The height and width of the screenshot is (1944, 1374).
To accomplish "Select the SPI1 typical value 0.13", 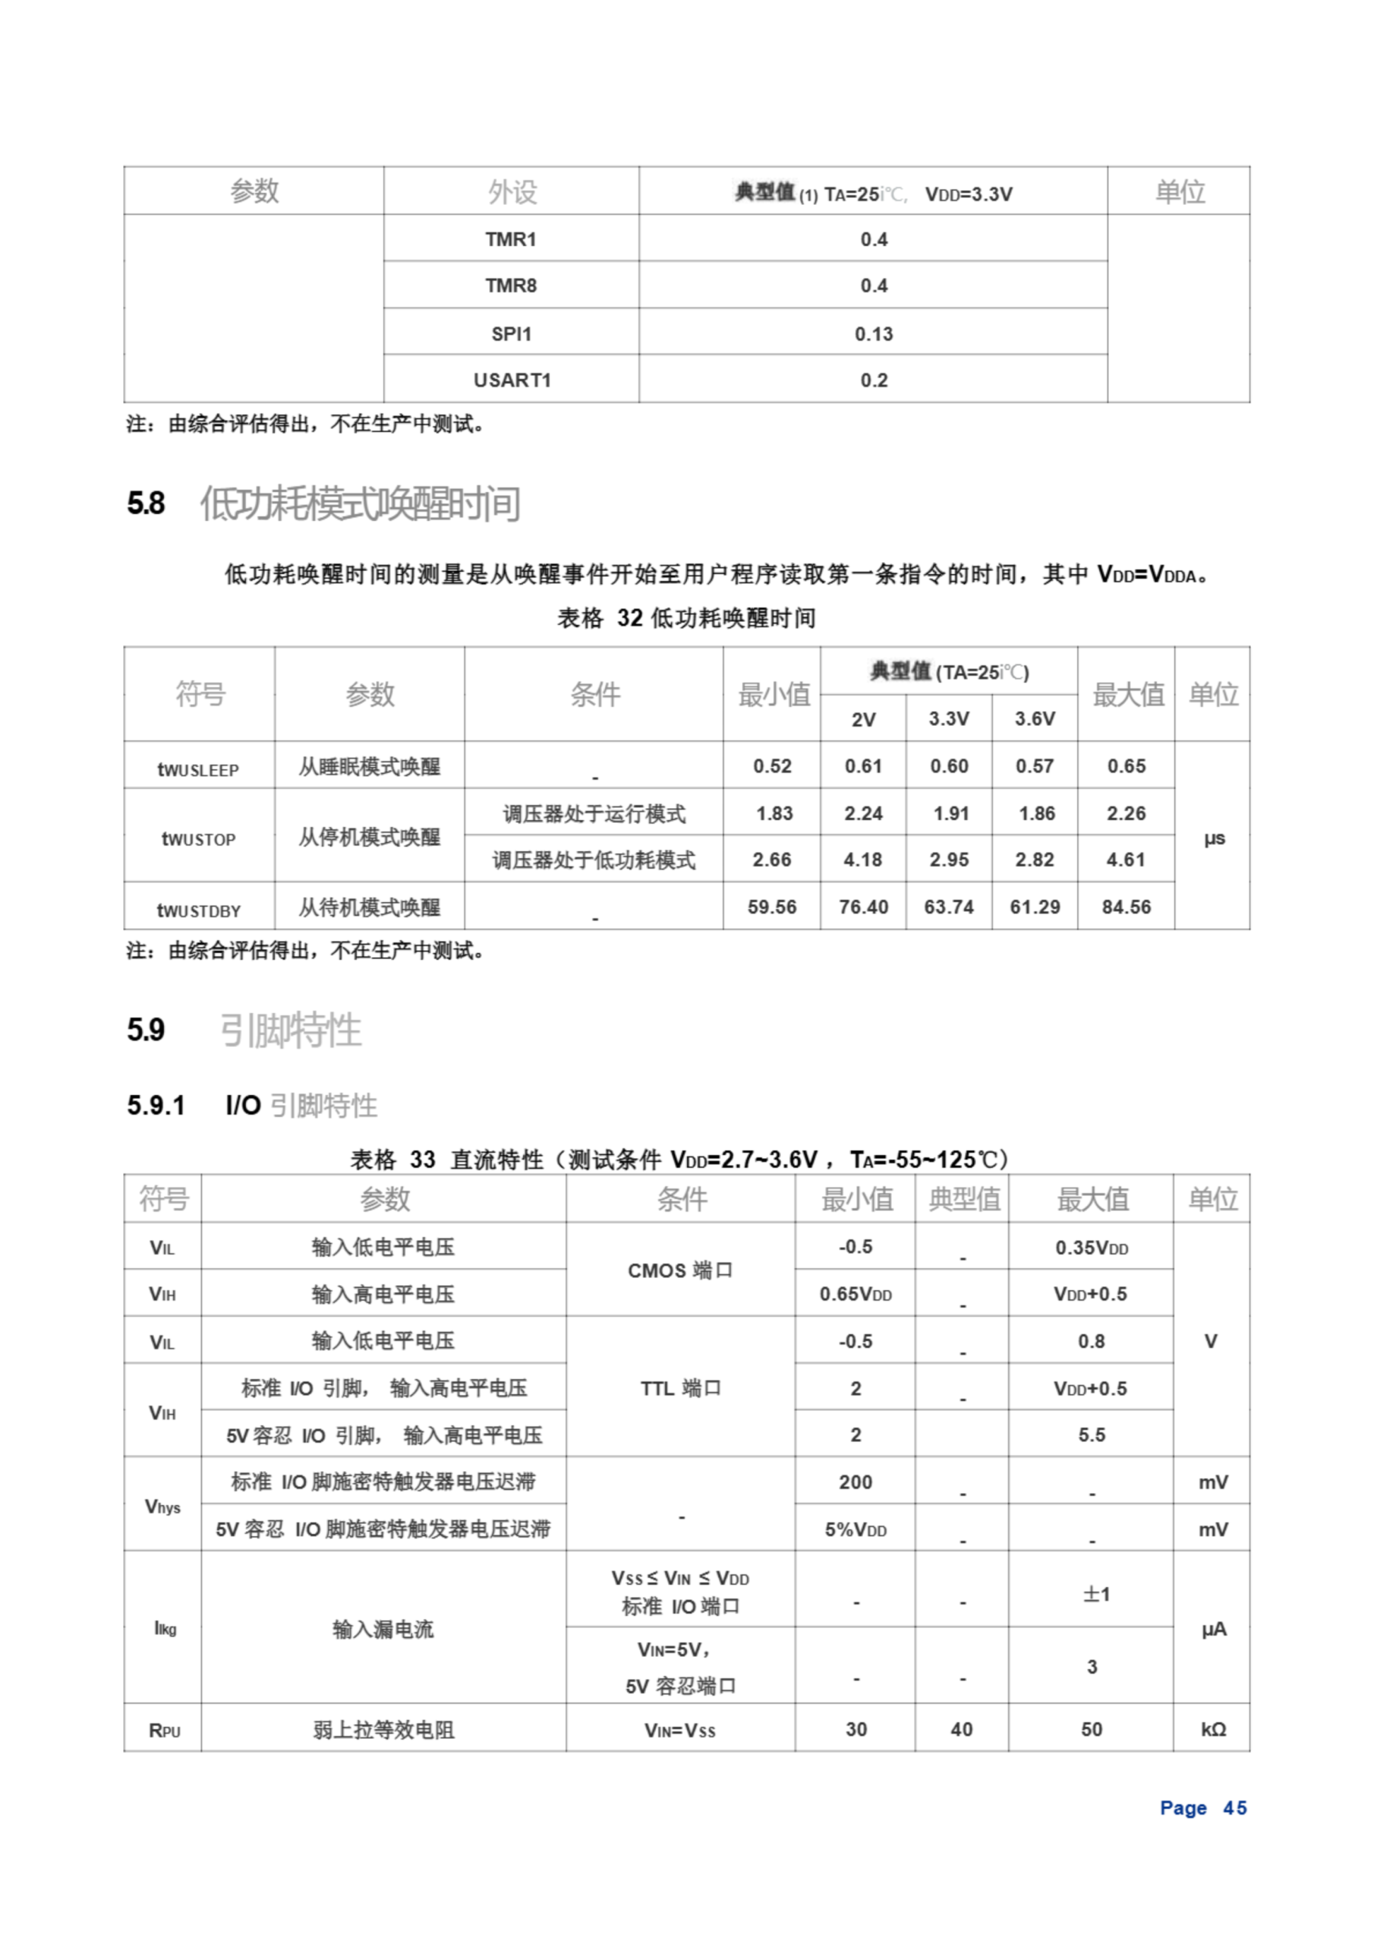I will (873, 333).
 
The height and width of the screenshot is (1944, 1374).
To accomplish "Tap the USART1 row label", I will (512, 380).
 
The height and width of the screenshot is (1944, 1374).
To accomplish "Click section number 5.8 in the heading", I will (146, 503).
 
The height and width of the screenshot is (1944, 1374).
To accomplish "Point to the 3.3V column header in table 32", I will (948, 719).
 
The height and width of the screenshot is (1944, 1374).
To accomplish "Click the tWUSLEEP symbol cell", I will (198, 768).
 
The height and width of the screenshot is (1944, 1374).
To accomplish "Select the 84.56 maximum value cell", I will (1126, 907).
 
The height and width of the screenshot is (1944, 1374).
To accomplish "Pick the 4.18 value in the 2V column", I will (862, 860).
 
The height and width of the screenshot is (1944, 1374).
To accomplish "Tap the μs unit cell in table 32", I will (1213, 838).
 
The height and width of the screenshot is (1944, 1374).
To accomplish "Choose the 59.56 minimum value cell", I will (771, 907).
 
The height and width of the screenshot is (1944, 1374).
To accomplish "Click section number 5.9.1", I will (156, 1105).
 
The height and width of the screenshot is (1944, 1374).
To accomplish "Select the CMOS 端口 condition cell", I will (680, 1270).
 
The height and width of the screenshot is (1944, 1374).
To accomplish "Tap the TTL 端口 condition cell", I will (680, 1387).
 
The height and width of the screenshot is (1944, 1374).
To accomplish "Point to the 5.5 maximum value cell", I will (1092, 1434).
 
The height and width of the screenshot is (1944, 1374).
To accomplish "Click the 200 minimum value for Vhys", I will (855, 1482).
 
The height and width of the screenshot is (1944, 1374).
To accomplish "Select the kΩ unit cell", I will (1213, 1729).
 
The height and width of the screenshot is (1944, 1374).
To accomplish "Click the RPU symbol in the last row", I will (164, 1730).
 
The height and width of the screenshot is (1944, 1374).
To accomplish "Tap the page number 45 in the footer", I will (1234, 1807).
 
